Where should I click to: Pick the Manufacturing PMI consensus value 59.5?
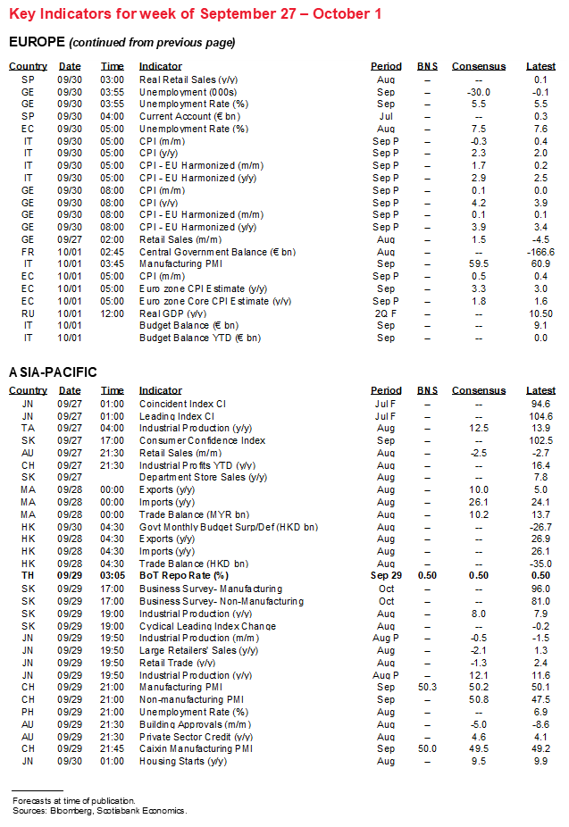coord(479,264)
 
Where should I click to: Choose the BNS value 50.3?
coord(427,687)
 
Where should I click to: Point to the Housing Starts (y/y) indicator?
coord(182,761)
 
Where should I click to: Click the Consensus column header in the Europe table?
coord(478,67)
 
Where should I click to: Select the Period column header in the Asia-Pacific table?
coord(386,390)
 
